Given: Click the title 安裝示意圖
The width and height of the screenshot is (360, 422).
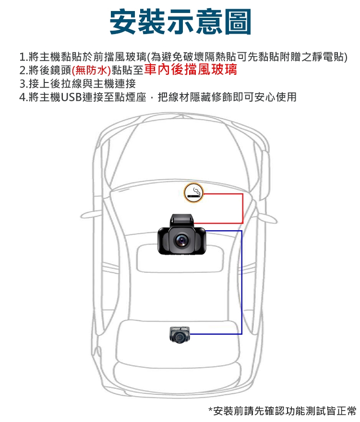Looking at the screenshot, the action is coord(180,22).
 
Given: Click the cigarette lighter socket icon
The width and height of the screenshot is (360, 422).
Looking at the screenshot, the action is coord(193,192).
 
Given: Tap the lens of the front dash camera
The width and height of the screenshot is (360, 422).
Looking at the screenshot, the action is coord(181,240).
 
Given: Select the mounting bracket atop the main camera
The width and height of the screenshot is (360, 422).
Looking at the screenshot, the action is coord(181,221).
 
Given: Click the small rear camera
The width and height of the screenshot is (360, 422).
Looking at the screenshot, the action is coord(180,335).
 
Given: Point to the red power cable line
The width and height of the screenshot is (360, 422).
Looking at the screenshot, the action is coord(242,209).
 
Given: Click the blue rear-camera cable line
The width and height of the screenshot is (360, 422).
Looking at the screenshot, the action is coord(241,282).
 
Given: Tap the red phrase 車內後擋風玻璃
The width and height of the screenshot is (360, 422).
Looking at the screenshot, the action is coord(191,70).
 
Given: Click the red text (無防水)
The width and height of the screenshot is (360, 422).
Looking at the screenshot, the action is coord(91,70).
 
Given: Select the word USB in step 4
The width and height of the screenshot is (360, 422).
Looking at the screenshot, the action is coord(72,97).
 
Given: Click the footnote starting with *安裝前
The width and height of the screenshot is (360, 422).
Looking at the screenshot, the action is coord(282,411).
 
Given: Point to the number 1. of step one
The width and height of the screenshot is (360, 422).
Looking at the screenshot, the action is coord(24,57).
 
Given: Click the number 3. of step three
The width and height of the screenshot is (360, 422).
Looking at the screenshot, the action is coord(24,84).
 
